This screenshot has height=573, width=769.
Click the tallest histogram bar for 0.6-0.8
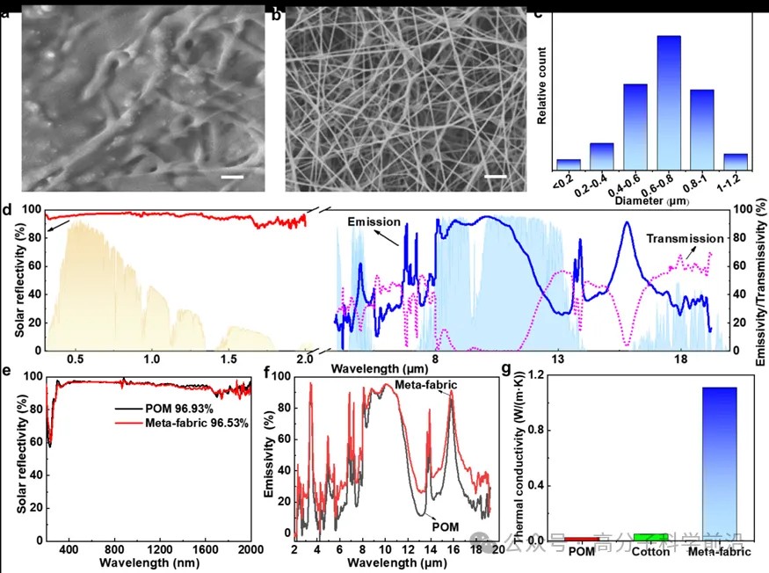point(669,101)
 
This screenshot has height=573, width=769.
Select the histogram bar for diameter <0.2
point(569,163)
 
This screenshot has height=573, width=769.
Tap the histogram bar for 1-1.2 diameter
point(736,161)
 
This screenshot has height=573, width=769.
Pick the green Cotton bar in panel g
point(650,536)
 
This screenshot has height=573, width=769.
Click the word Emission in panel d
point(374,221)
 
